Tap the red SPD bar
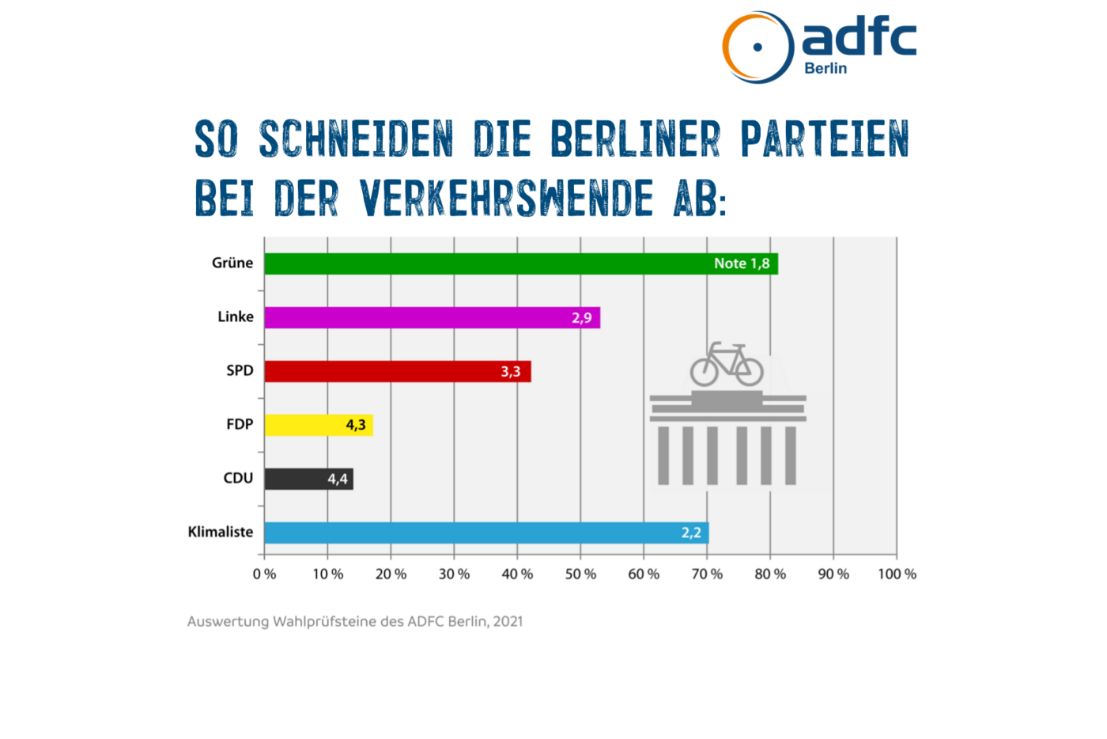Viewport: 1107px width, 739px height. click(380, 371)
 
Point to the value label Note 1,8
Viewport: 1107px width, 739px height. click(742, 263)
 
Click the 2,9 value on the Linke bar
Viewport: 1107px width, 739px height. click(581, 318)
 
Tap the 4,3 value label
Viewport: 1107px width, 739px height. click(356, 425)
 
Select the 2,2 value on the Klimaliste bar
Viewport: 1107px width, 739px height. click(691, 532)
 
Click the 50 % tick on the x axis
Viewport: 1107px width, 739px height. click(580, 574)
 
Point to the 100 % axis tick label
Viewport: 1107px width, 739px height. click(897, 574)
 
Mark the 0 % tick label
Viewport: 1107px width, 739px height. click(264, 574)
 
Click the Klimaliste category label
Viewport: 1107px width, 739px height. click(221, 532)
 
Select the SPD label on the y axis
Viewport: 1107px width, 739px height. click(240, 370)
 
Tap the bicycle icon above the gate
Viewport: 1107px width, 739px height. click(727, 365)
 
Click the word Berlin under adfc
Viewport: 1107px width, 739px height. click(826, 69)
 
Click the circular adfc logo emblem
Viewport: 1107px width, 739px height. click(758, 47)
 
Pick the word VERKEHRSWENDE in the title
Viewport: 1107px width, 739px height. click(507, 198)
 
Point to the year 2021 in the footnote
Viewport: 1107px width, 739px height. click(508, 621)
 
